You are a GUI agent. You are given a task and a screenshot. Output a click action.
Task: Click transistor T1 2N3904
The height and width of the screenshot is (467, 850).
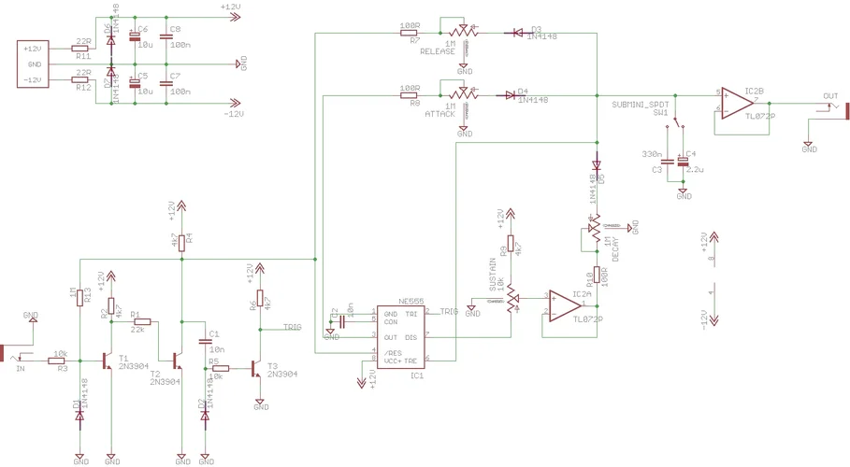pos(108,360)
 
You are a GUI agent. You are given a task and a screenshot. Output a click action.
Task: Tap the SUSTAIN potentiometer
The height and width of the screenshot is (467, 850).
pos(512,301)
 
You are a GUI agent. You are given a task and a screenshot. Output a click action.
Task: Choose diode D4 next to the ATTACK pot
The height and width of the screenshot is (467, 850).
pos(511,94)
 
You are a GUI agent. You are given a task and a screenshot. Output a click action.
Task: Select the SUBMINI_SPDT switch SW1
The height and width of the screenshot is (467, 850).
pos(681,127)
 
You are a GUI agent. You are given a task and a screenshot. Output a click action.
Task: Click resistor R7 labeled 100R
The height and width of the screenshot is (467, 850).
pos(410,33)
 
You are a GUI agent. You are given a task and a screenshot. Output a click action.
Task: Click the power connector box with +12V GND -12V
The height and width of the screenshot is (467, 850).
pos(35,64)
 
